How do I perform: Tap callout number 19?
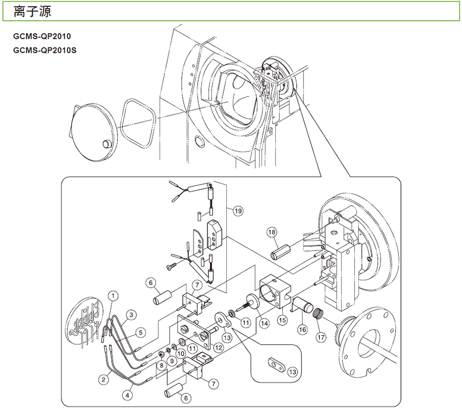[237, 210]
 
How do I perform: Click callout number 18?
[272, 232]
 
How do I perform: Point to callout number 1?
[113, 295]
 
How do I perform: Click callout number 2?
[104, 379]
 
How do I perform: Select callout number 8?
[161, 364]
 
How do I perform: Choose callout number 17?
[321, 337]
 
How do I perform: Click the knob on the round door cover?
[106, 143]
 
